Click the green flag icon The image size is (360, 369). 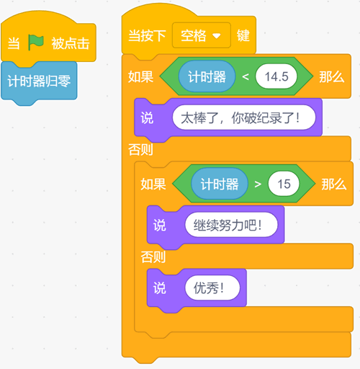pyautogui.click(x=36, y=43)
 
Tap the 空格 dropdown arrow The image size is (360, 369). pyautogui.click(x=217, y=36)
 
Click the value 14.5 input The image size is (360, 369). pyautogui.click(x=276, y=76)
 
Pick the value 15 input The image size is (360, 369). pyautogui.click(x=284, y=184)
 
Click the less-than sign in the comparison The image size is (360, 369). pyautogui.click(x=246, y=77)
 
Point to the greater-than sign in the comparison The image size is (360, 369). pyautogui.click(x=258, y=184)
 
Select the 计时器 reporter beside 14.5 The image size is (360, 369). pyautogui.click(x=207, y=76)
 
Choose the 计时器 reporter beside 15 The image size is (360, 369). pyautogui.click(x=220, y=184)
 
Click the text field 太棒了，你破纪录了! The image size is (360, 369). pyautogui.click(x=244, y=117)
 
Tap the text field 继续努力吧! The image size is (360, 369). pyautogui.click(x=231, y=225)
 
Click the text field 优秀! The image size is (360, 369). pyautogui.click(x=212, y=288)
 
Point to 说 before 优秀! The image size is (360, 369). pyautogui.click(x=160, y=288)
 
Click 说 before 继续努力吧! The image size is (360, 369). pyautogui.click(x=160, y=226)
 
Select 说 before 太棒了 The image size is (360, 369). pyautogui.click(x=147, y=118)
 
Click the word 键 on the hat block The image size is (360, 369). pyautogui.click(x=243, y=36)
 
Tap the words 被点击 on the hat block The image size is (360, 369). pyautogui.click(x=71, y=43)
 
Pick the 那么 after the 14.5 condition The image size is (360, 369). pyautogui.click(x=332, y=77)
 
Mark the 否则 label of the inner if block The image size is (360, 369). pyautogui.click(x=153, y=257)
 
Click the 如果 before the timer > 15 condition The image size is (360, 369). pyautogui.click(x=153, y=184)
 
